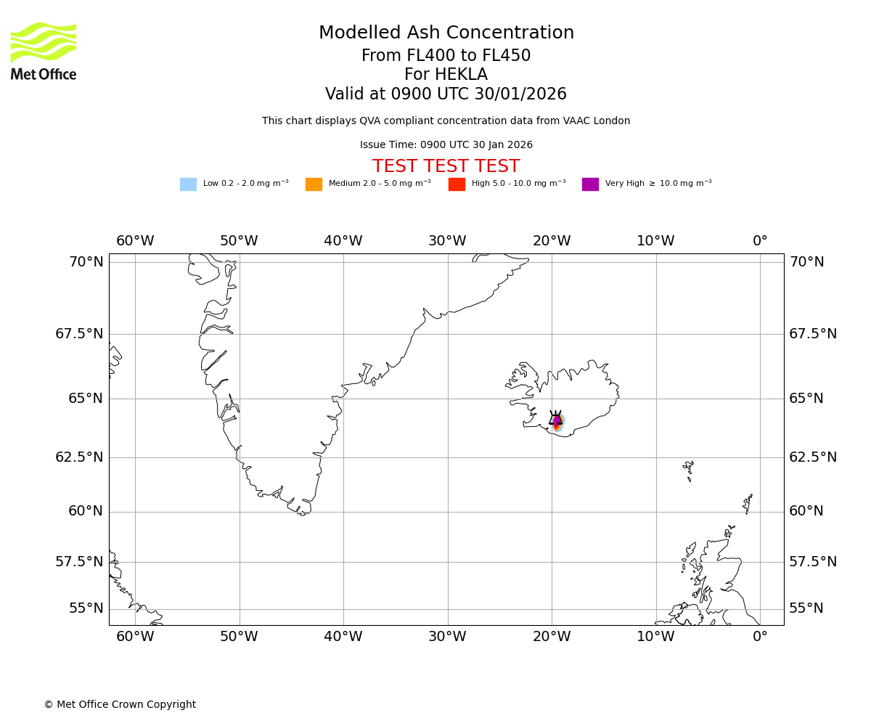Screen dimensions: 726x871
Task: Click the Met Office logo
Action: point(44,51)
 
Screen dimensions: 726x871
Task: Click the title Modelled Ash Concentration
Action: point(446,33)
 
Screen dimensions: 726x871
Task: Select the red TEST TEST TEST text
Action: point(446,166)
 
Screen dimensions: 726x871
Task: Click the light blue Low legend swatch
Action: point(188,184)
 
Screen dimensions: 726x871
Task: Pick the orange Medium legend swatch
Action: point(314,184)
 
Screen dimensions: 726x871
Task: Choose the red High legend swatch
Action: point(457,184)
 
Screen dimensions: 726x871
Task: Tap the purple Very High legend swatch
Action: point(590,184)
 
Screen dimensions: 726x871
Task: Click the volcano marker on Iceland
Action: point(556,418)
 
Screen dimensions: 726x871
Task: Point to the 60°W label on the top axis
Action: point(135,241)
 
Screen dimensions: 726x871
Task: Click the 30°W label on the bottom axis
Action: point(447,637)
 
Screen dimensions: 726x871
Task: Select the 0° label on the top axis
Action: point(760,241)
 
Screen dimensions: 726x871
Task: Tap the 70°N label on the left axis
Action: point(86,262)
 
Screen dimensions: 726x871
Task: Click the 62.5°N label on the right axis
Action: point(813,457)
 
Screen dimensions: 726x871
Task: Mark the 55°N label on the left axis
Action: point(86,608)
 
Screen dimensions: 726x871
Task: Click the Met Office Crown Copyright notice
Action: point(120,704)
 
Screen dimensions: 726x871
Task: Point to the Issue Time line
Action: point(446,145)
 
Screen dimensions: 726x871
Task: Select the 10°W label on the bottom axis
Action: point(655,637)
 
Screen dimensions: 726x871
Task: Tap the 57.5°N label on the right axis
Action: point(813,562)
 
